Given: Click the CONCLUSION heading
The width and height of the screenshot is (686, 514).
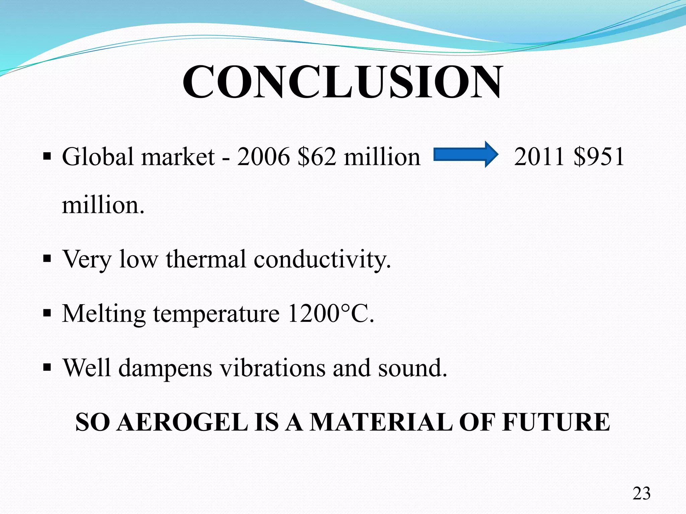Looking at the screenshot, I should (x=342, y=82).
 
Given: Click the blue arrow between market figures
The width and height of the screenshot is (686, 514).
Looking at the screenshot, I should (x=466, y=155).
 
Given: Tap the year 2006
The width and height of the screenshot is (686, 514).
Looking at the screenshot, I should (x=263, y=157).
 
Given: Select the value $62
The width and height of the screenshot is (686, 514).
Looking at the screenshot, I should (x=317, y=157).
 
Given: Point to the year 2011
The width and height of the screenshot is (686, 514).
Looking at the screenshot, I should (x=539, y=157).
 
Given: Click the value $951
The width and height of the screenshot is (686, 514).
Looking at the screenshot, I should (x=599, y=157).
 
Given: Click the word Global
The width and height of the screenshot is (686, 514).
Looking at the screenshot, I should (x=98, y=157).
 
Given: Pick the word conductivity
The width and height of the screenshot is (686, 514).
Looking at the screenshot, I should (x=322, y=259).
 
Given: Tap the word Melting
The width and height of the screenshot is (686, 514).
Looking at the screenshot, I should (x=104, y=314).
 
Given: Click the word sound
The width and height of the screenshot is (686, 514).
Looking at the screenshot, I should (x=413, y=368).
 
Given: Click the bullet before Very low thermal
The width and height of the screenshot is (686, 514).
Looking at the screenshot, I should (x=47, y=259).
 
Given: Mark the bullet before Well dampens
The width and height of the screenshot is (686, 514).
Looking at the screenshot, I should (x=47, y=368).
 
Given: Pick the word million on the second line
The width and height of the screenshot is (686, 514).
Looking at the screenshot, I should (x=103, y=205).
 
